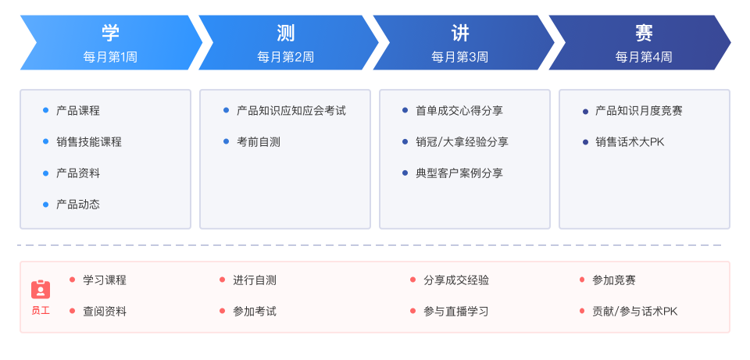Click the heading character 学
click(110, 33)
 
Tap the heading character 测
click(286, 33)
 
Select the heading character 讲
click(460, 33)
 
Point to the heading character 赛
click(644, 33)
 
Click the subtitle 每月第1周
click(110, 57)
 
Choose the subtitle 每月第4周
click(644, 57)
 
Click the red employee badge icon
click(41, 289)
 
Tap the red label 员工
click(41, 310)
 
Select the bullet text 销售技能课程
click(89, 141)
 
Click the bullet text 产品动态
click(78, 205)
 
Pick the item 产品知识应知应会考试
click(291, 111)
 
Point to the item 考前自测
click(259, 141)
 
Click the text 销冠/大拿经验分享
click(462, 142)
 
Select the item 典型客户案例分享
click(459, 173)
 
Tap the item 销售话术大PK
click(630, 142)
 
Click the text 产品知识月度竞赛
click(639, 111)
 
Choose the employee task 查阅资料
click(105, 312)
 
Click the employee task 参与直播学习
click(455, 312)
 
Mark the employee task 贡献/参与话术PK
click(634, 312)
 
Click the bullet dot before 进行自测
click(222, 280)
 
